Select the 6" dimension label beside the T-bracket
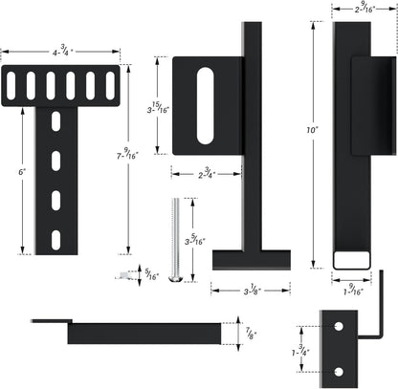coord(22,172)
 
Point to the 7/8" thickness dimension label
coord(251,334)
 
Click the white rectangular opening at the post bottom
coord(353,259)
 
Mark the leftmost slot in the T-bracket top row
coord(11,85)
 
